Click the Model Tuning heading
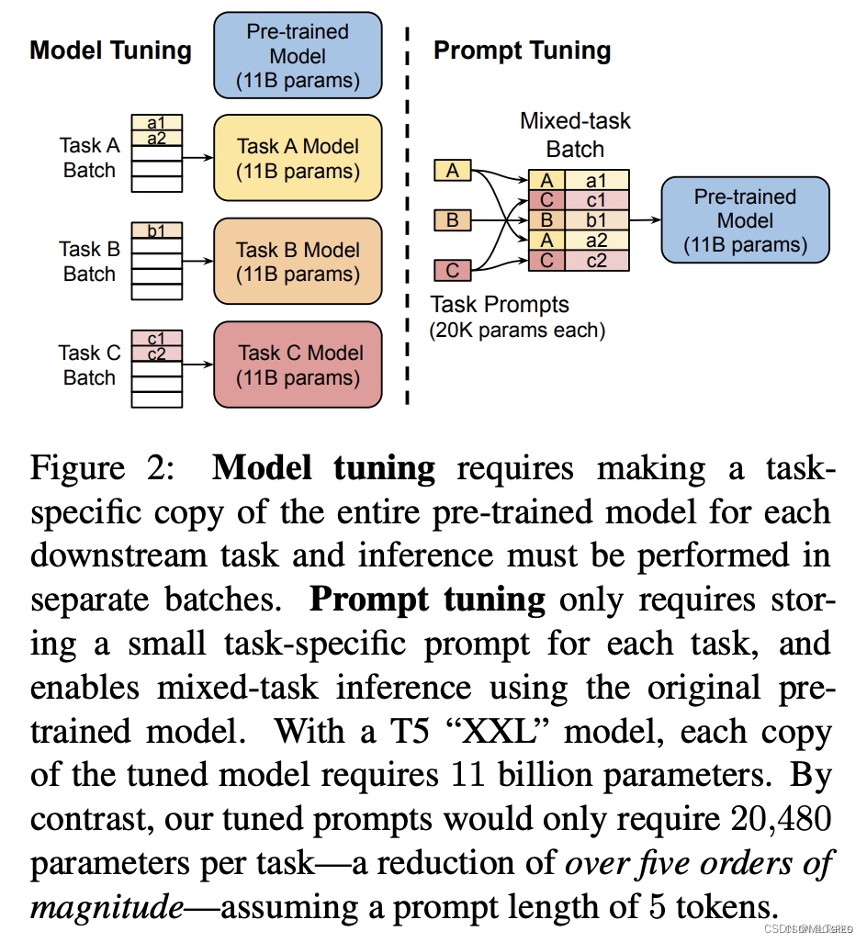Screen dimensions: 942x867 point(110,50)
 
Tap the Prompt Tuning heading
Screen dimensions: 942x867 point(522,50)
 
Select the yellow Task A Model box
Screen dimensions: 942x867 point(298,158)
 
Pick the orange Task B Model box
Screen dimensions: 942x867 point(298,262)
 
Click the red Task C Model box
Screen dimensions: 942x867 point(298,364)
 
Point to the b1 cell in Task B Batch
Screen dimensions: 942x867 point(156,231)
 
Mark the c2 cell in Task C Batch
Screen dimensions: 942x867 point(156,353)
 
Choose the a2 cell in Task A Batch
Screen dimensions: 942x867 point(156,139)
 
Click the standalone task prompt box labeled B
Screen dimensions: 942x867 point(452,220)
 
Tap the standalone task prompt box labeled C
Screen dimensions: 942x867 point(452,270)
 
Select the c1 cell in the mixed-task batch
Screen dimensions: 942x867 point(596,200)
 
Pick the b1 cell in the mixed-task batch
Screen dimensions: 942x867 point(596,220)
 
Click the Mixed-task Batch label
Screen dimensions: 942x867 point(575,135)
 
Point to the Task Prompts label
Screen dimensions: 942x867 point(500,305)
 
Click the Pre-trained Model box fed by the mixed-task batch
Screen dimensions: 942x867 point(745,220)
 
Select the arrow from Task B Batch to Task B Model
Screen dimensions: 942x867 point(197,261)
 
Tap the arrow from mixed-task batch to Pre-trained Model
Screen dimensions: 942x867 point(645,220)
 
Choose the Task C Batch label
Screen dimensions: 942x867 point(89,364)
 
